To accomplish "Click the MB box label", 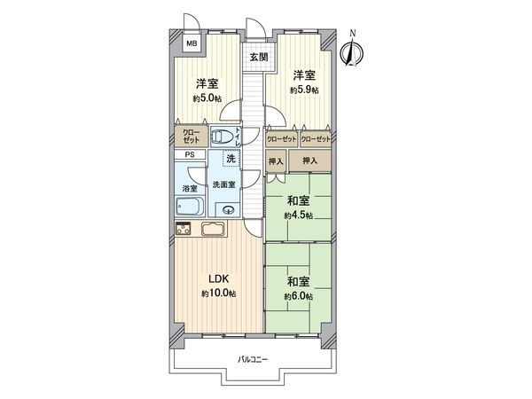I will tap(192, 42).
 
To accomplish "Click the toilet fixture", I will tap(225, 137).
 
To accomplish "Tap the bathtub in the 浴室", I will tap(189, 208).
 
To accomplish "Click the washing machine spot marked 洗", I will tap(231, 159).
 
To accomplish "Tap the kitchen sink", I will tap(214, 231).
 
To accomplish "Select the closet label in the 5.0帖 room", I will tap(192, 137).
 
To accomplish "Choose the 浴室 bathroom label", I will tap(189, 188).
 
